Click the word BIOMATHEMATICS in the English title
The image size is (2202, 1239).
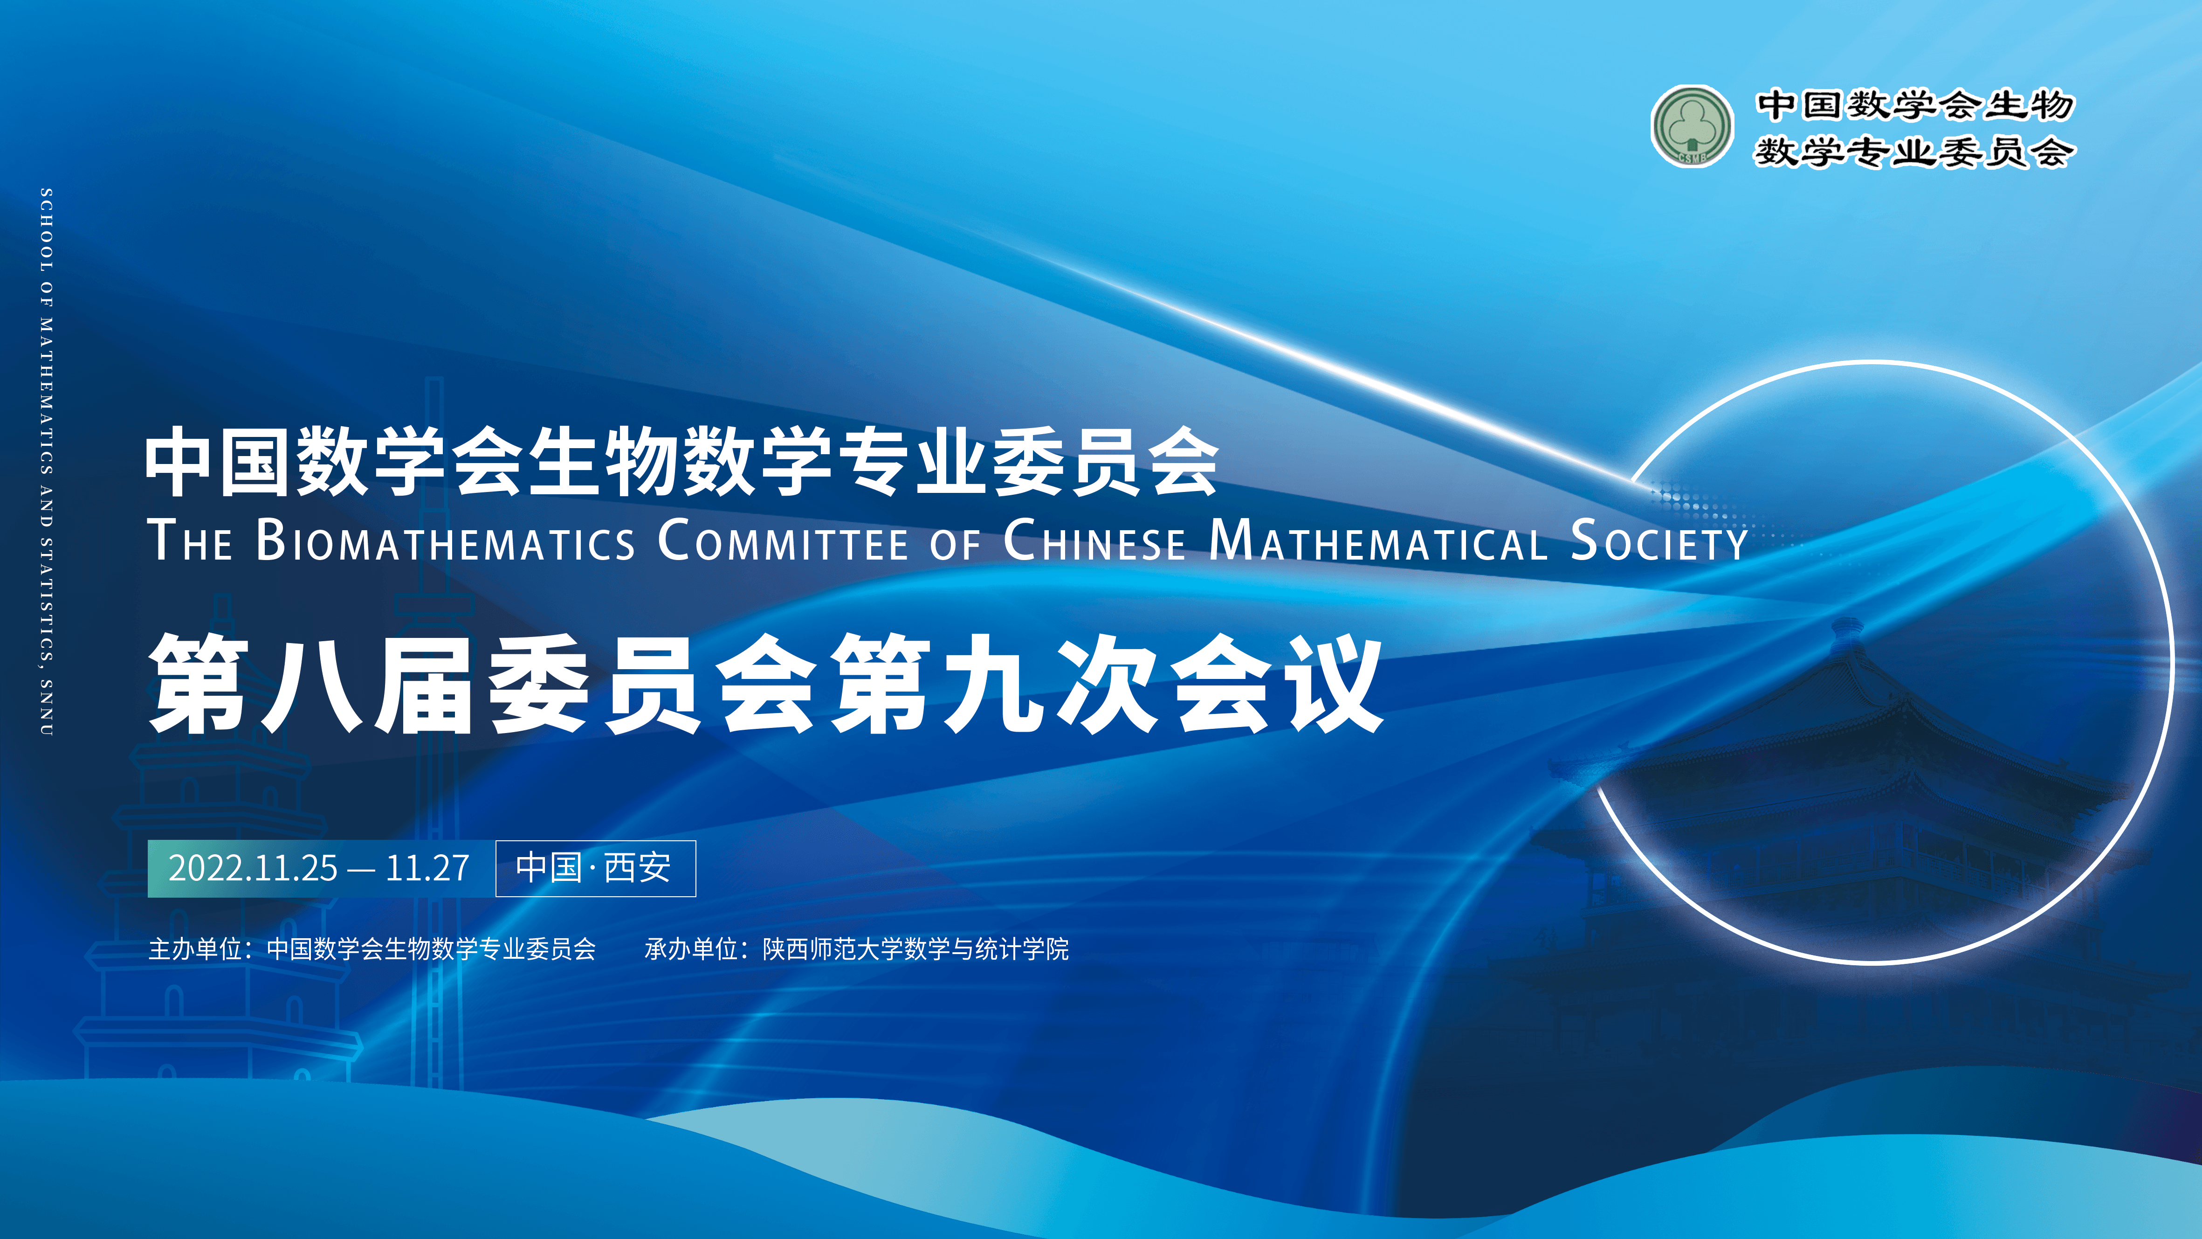(445, 540)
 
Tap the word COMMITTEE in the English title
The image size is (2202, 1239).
(783, 540)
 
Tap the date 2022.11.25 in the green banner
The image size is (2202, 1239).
(253, 868)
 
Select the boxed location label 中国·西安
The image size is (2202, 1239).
(596, 868)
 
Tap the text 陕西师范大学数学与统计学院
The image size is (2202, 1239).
(915, 949)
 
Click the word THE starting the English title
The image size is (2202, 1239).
(190, 540)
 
